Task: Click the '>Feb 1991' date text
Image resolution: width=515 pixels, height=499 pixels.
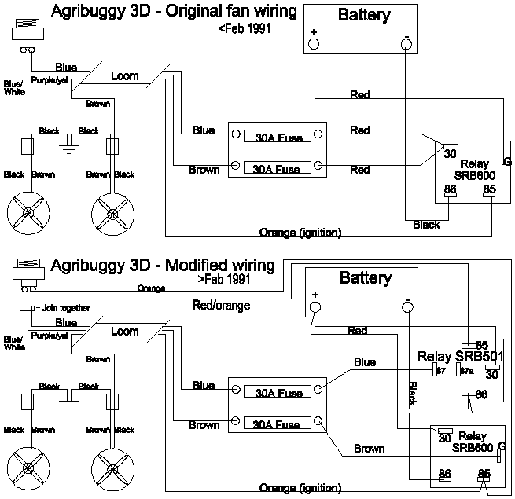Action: (224, 278)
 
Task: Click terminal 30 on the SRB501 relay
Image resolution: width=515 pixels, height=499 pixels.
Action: (492, 374)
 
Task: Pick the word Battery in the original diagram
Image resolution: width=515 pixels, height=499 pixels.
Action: (364, 14)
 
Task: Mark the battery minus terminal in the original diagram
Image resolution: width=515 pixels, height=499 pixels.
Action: (406, 43)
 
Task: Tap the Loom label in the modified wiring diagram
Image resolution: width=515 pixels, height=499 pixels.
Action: (125, 332)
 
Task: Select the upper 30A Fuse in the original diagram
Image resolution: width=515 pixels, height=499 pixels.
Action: (277, 136)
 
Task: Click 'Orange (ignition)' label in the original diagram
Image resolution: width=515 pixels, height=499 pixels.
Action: (300, 232)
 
